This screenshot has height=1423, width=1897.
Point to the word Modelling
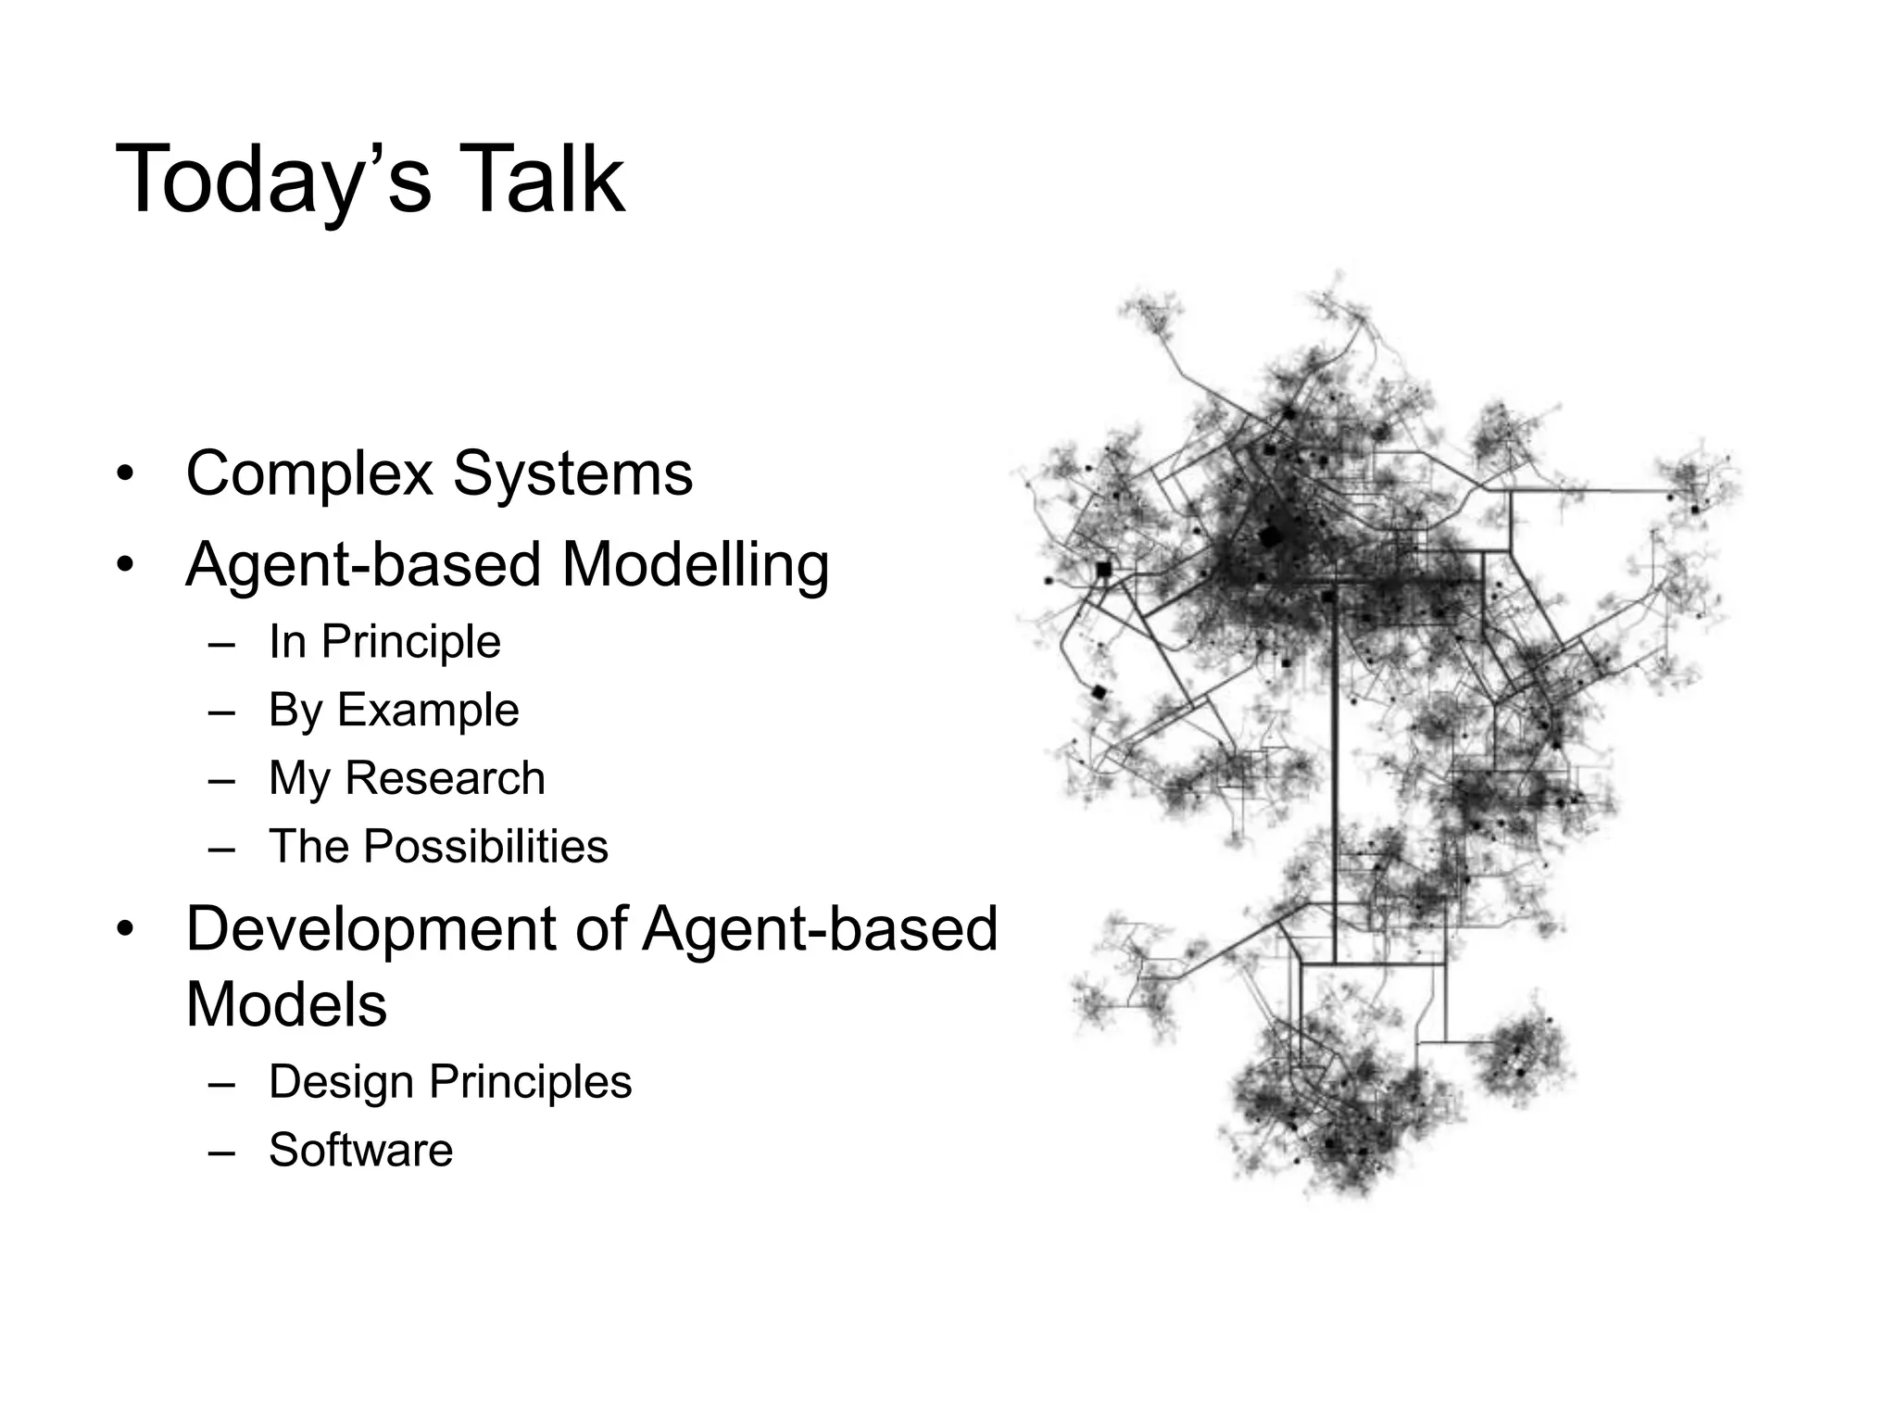tap(695, 565)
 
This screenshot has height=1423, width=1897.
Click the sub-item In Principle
tap(384, 641)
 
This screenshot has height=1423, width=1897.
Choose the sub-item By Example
tap(394, 711)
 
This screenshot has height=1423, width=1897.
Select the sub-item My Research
tap(407, 778)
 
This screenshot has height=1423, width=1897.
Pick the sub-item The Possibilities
tap(438, 847)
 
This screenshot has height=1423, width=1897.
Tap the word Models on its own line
tap(286, 1004)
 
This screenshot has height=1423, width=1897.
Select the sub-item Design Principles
tap(450, 1082)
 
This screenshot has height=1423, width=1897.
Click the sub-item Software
tap(360, 1151)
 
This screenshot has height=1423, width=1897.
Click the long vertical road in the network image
tap(1335, 787)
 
